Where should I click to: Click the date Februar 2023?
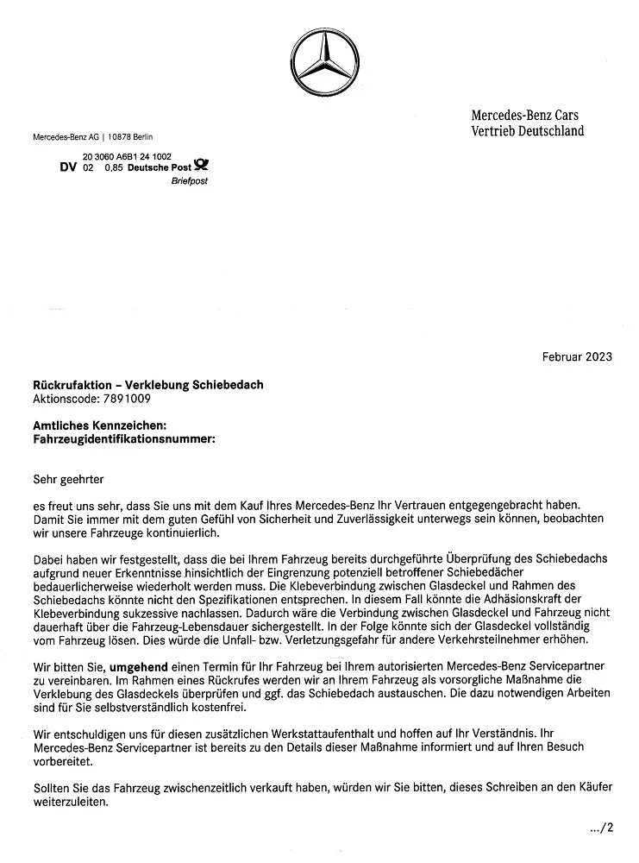(577, 356)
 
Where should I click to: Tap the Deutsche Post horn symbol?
(201, 167)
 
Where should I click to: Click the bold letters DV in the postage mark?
(68, 167)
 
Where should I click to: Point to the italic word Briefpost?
(190, 181)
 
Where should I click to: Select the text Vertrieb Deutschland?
(527, 130)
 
